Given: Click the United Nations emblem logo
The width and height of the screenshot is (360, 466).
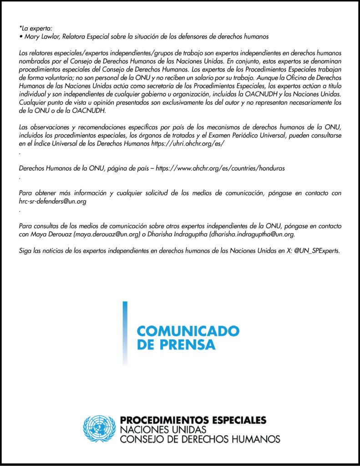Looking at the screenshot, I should (x=100, y=429).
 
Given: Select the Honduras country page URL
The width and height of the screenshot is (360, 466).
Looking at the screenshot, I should (x=220, y=168).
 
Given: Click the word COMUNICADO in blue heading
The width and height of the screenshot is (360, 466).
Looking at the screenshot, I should (x=188, y=330).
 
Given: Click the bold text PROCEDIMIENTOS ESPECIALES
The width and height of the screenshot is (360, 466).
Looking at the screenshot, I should (x=193, y=420).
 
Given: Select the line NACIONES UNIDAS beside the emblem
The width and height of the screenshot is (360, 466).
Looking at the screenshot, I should (x=163, y=430).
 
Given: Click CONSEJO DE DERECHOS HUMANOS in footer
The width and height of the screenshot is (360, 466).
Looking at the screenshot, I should (x=200, y=440).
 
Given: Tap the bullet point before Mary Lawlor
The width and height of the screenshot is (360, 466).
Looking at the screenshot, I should (x=20, y=35).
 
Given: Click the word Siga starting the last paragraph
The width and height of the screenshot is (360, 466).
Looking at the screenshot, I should (x=26, y=251).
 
